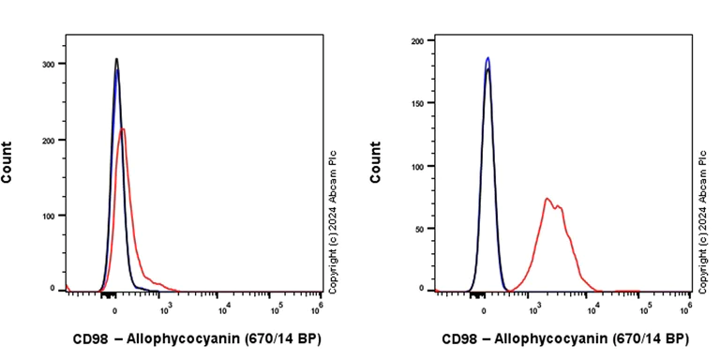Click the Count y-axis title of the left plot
pyautogui.click(x=7, y=161)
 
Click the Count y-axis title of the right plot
pyautogui.click(x=377, y=161)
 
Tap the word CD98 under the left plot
pyautogui.click(x=91, y=338)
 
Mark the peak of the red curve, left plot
pyautogui.click(x=123, y=129)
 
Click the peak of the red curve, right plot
pyautogui.click(x=546, y=199)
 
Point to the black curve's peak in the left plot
pyautogui.click(x=116, y=59)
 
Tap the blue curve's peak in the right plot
pyautogui.click(x=487, y=57)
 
